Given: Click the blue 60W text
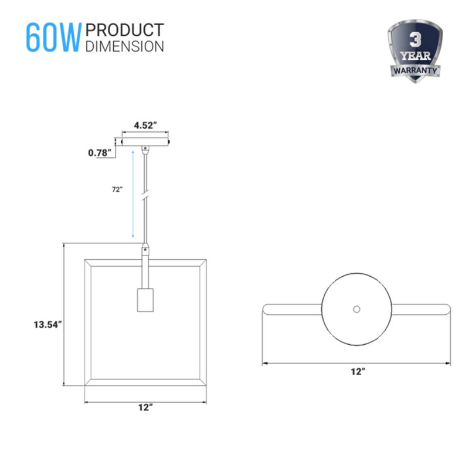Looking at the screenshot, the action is [x=53, y=38].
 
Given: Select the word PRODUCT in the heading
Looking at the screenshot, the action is [x=125, y=30].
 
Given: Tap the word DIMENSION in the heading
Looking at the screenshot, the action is [x=125, y=46].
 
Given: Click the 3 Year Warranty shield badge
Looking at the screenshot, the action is [x=415, y=51].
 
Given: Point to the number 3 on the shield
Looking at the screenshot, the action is [x=415, y=40].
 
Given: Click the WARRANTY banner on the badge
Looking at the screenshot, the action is [x=415, y=70].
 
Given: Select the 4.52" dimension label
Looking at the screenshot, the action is [x=145, y=125].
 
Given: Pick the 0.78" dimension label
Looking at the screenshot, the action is [x=100, y=153].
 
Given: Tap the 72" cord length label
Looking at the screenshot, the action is [x=117, y=189].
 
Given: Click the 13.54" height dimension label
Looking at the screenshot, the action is [x=47, y=325].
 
